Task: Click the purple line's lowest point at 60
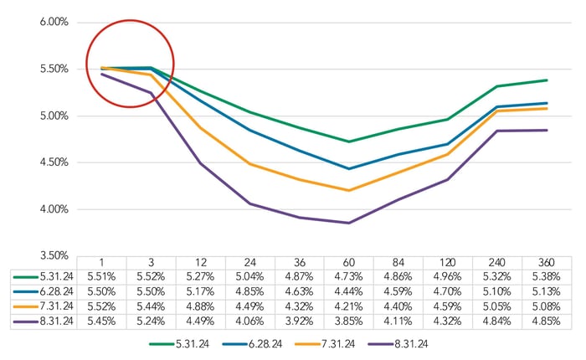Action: coord(349,223)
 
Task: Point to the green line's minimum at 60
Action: coord(349,141)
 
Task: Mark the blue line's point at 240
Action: coord(497,107)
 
